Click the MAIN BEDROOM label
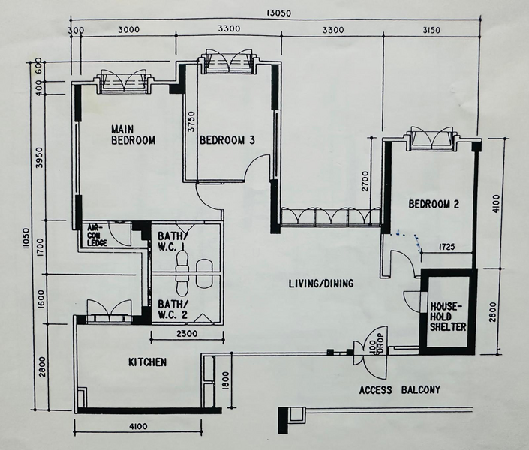134,135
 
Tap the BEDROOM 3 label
227,140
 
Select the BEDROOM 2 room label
434,205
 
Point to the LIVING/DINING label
321,283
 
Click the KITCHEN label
147,362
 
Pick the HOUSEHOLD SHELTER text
448,316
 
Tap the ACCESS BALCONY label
400,390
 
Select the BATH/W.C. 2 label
173,309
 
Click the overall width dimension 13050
278,13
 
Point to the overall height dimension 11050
26,238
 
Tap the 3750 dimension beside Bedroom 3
191,121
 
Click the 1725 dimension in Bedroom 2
446,247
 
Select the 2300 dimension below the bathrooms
187,334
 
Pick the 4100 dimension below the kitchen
138,427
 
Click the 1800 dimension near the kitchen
226,381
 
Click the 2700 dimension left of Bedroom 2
365,181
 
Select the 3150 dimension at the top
431,30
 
